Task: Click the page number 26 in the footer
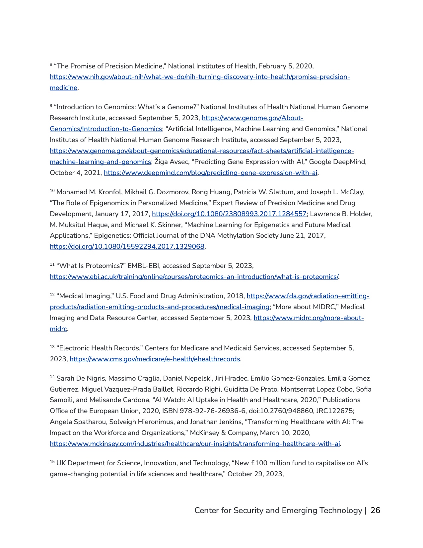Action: tap(375, 510)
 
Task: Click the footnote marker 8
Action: tap(51, 64)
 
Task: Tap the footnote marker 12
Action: tap(52, 295)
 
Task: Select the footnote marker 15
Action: tap(52, 462)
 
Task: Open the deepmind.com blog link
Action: tap(210, 173)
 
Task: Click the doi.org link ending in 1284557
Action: tap(229, 214)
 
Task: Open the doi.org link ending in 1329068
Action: tap(127, 247)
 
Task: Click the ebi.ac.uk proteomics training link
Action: tap(194, 277)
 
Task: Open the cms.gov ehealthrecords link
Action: tap(155, 359)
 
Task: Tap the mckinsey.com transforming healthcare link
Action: tap(195, 444)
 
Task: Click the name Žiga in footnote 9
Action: tap(161, 162)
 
